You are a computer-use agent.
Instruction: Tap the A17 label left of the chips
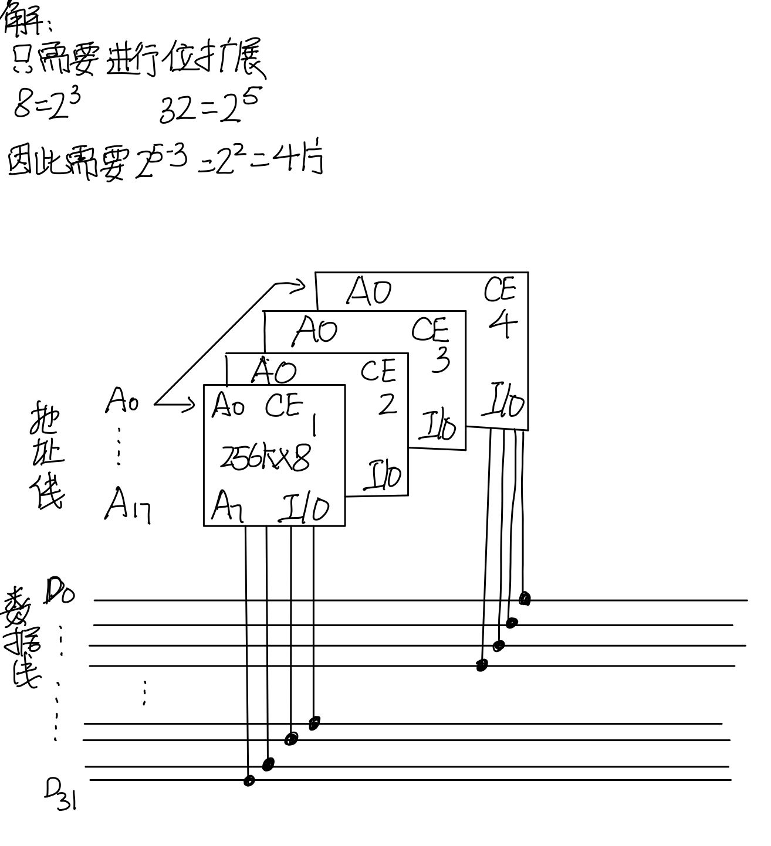click(x=127, y=505)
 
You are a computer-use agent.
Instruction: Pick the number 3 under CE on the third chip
click(x=439, y=359)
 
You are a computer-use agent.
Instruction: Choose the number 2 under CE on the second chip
click(x=387, y=404)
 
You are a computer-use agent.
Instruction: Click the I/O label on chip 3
click(x=437, y=426)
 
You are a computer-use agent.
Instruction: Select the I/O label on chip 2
click(x=382, y=475)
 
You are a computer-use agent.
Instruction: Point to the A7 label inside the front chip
click(x=227, y=505)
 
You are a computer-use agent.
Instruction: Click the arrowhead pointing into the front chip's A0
click(x=190, y=403)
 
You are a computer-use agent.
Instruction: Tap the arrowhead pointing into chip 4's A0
click(x=300, y=286)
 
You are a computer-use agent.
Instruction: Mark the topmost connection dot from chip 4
click(x=525, y=599)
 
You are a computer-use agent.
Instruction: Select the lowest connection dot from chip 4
click(x=482, y=665)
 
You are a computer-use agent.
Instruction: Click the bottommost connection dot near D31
click(x=249, y=780)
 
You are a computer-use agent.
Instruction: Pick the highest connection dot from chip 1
click(x=314, y=723)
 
